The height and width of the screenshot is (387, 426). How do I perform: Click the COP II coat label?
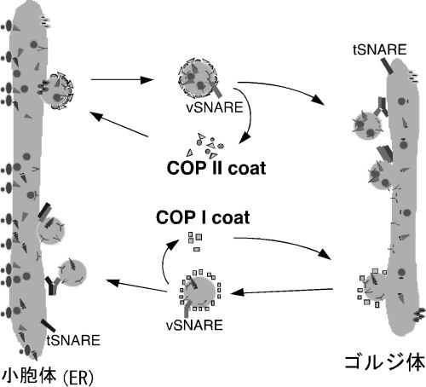tap(216, 168)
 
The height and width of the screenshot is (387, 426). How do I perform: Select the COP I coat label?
tap(203, 217)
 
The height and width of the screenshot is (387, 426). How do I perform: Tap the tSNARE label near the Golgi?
tap(380, 49)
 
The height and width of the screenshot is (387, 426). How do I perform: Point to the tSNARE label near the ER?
tap(73, 340)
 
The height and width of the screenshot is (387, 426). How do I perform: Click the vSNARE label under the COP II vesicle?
tap(215, 107)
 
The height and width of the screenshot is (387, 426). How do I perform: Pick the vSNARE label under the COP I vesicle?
tap(194, 325)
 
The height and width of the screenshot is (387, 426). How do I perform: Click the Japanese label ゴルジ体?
tap(385, 362)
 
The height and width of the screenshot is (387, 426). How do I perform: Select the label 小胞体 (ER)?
tap(48, 377)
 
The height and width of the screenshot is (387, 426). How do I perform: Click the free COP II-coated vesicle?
tap(198, 77)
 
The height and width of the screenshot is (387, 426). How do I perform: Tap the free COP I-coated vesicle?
tap(200, 291)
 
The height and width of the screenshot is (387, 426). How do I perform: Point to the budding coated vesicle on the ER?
tap(57, 91)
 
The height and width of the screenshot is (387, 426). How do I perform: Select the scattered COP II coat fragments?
tap(205, 146)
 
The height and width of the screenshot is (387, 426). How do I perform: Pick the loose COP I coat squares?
tap(195, 241)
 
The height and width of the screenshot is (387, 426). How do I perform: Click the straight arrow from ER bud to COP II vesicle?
tap(122, 80)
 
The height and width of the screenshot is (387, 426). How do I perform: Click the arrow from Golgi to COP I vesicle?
tap(282, 291)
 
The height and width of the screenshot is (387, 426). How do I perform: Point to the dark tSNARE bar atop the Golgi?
tap(387, 66)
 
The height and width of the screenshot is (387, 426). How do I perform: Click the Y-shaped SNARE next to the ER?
tap(53, 285)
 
